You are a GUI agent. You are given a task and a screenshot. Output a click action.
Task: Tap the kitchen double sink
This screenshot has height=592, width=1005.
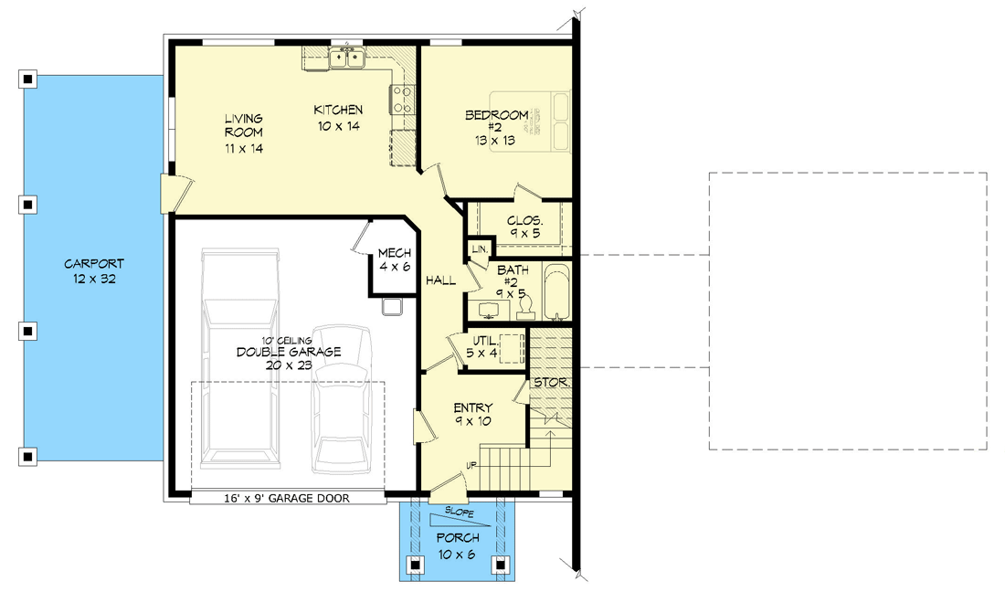pyautogui.click(x=347, y=58)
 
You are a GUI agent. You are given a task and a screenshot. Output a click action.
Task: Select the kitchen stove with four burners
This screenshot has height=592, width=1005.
pyautogui.click(x=402, y=100)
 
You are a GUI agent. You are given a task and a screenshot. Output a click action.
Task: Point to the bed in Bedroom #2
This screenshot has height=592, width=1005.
pyautogui.click(x=530, y=122)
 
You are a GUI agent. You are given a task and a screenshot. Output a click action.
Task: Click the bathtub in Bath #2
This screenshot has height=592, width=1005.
pyautogui.click(x=557, y=291)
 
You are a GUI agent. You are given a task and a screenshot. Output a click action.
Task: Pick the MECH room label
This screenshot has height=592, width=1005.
pyautogui.click(x=394, y=259)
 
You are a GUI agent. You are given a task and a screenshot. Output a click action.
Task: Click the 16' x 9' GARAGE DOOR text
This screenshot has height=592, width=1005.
pyautogui.click(x=287, y=498)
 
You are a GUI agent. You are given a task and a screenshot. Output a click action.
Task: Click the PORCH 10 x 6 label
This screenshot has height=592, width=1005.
pyautogui.click(x=458, y=545)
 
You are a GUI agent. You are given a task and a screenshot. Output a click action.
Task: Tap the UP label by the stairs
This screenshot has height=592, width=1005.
pyautogui.click(x=471, y=466)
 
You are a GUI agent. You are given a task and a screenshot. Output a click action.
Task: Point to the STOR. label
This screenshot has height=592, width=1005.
pyautogui.click(x=551, y=383)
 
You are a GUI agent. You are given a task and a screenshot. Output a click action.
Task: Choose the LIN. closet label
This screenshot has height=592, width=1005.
pyautogui.click(x=480, y=248)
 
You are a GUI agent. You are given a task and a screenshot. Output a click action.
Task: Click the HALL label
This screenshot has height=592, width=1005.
pyautogui.click(x=441, y=280)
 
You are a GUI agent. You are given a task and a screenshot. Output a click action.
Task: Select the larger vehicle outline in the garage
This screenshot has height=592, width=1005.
pyautogui.click(x=240, y=358)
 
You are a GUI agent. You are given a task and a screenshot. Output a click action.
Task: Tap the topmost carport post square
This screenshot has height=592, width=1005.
pyautogui.click(x=27, y=79)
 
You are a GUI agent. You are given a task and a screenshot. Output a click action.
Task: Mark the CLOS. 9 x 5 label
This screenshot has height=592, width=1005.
pyautogui.click(x=524, y=227)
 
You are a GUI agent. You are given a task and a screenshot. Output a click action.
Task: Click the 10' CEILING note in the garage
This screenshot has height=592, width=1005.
pyautogui.click(x=287, y=340)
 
